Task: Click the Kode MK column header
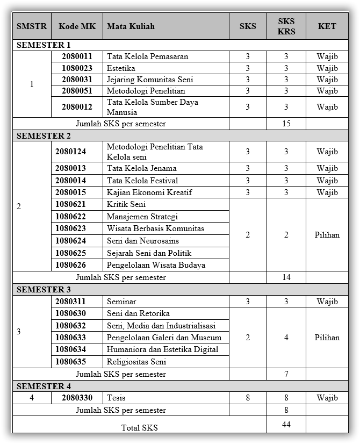point(77,26)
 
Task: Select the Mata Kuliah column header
point(131,26)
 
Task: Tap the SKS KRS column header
point(286,26)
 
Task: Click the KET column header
point(327,26)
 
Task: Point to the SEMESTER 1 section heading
point(44,45)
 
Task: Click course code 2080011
point(77,56)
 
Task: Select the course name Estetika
point(121,68)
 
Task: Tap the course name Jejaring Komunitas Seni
point(150,80)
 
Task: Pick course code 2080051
point(77,91)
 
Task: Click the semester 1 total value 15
point(286,124)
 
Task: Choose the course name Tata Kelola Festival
point(142,181)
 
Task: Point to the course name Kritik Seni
point(126,205)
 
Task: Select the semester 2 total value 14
point(286,277)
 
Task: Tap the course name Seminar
point(121,302)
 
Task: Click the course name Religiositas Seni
point(136,362)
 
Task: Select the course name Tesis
point(116,398)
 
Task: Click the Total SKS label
point(140,428)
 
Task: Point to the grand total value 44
point(286,425)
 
